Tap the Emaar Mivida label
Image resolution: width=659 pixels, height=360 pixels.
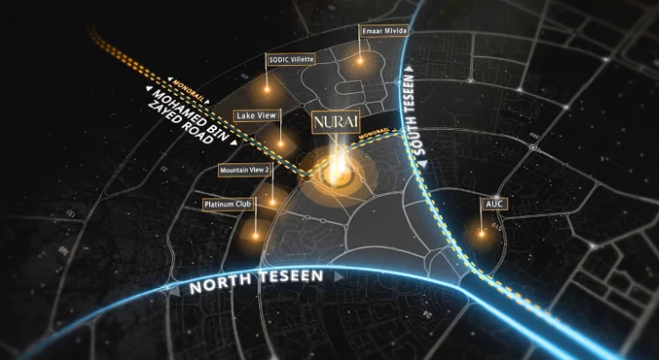coord(382,32)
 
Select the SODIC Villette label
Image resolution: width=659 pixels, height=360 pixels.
coord(290,60)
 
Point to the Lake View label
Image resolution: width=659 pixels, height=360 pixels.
coord(256,115)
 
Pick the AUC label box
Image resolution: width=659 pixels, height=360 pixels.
coord(494,204)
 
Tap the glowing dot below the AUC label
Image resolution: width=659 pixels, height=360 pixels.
coord(482,234)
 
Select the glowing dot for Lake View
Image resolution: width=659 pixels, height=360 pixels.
coord(281,144)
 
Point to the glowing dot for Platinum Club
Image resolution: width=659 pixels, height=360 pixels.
coord(257,234)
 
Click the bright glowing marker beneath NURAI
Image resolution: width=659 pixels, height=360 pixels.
coord(335,175)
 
